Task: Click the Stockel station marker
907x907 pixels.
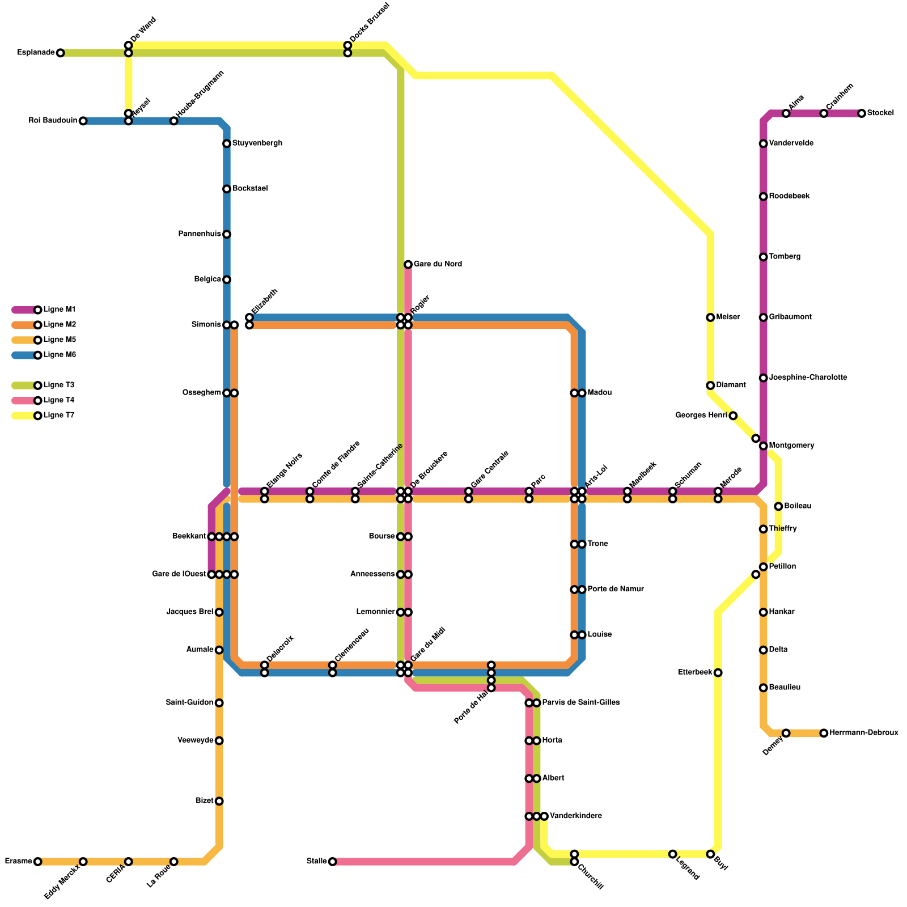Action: pyautogui.click(x=862, y=113)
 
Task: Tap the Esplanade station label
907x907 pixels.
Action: pyautogui.click(x=36, y=53)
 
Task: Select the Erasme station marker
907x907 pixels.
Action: pyautogui.click(x=37, y=862)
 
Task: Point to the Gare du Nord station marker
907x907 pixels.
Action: pyautogui.click(x=408, y=264)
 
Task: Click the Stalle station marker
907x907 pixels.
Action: pyautogui.click(x=332, y=862)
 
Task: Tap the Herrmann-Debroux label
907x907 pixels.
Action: pyautogui.click(x=863, y=733)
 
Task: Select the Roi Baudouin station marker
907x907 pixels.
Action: pyautogui.click(x=83, y=121)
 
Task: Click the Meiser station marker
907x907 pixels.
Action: pyautogui.click(x=710, y=317)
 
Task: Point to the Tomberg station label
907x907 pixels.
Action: pyautogui.click(x=785, y=257)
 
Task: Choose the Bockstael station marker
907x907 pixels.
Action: pyautogui.click(x=227, y=189)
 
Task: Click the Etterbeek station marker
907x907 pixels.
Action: pyautogui.click(x=718, y=673)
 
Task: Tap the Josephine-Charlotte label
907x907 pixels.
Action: pyautogui.click(x=808, y=378)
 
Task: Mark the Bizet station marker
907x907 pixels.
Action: pyautogui.click(x=219, y=801)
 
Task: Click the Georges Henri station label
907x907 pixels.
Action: pyautogui.click(x=701, y=416)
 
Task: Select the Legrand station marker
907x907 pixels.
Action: pyautogui.click(x=672, y=854)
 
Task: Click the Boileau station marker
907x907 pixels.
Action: pyautogui.click(x=778, y=506)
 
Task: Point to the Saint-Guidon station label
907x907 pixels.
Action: pyautogui.click(x=189, y=703)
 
